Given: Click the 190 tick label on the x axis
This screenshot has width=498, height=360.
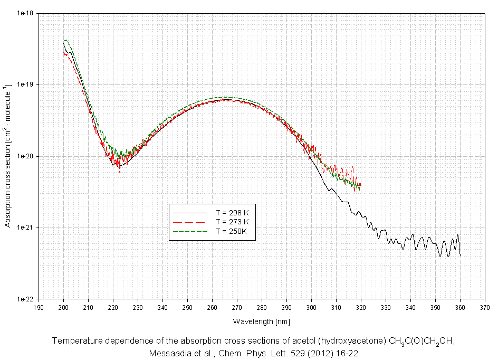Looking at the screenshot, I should pyautogui.click(x=39, y=307).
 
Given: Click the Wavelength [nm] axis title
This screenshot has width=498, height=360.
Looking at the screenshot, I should pyautogui.click(x=261, y=321).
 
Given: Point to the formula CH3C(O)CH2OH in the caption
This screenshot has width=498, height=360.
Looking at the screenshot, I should pyautogui.click(x=422, y=342).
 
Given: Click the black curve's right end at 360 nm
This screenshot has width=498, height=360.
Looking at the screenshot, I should pyautogui.click(x=460, y=255).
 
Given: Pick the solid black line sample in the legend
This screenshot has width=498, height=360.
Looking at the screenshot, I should pyautogui.click(x=189, y=212).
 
